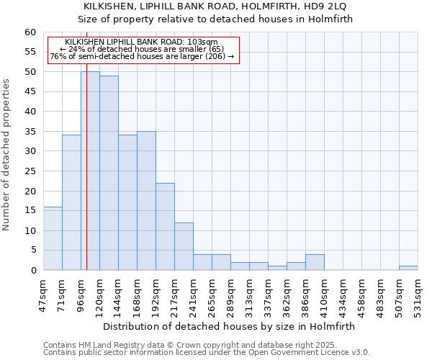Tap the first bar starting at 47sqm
click(x=53, y=238)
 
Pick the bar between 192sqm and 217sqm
click(x=165, y=226)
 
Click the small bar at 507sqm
click(x=408, y=268)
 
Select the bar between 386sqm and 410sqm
click(x=315, y=262)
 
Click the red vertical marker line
click(x=86, y=180)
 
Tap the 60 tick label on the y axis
click(x=30, y=32)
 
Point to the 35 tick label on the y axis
click(x=30, y=132)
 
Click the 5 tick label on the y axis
click(x=32, y=251)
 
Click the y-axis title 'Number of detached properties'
click(x=6, y=155)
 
